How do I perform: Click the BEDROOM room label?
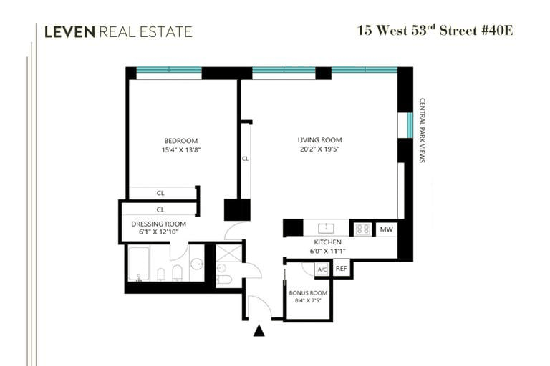181,141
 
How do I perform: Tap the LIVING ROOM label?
319,139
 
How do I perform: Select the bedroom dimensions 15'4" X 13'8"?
181,150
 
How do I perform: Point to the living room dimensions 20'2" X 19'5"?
319,149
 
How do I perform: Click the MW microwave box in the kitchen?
387,229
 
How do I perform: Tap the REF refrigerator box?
342,269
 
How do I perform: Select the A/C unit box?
322,269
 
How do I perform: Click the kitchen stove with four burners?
362,229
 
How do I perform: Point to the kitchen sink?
327,229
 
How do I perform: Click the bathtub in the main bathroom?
139,263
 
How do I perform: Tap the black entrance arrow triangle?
259,331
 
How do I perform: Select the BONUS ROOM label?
308,293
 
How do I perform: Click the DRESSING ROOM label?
158,224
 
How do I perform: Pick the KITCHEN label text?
327,242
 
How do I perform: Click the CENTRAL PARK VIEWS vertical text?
423,130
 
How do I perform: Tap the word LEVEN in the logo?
69,32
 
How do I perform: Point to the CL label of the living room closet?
245,159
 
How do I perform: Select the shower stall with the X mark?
228,253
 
